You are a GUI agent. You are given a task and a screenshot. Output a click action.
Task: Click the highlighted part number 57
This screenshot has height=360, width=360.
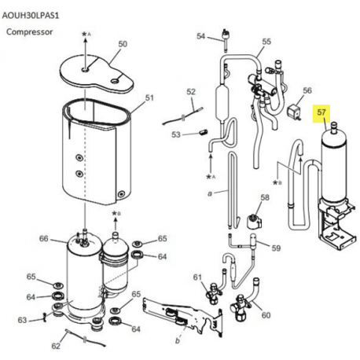[x=321, y=112]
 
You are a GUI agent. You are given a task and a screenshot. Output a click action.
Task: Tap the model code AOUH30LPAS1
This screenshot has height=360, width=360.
[x=31, y=16]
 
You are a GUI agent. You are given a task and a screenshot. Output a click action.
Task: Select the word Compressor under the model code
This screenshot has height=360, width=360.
[x=29, y=32]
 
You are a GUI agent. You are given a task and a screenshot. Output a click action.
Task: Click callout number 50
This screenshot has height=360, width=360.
[x=123, y=44]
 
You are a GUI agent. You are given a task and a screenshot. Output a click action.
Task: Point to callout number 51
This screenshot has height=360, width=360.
[x=149, y=98]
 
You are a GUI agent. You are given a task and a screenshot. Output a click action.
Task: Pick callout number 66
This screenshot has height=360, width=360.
[x=44, y=238]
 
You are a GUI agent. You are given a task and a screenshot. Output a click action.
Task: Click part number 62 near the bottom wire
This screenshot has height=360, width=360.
[x=56, y=346]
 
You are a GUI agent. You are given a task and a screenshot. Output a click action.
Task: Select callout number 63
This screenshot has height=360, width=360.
[x=22, y=320]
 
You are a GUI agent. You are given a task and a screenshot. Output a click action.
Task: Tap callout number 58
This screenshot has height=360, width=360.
[x=265, y=197]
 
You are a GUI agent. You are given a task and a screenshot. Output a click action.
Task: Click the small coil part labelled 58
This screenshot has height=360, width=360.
[x=254, y=221]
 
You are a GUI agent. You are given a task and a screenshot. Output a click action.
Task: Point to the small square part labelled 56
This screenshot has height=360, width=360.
[x=293, y=111]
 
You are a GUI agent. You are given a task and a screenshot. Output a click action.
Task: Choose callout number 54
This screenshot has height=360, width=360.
[x=201, y=36]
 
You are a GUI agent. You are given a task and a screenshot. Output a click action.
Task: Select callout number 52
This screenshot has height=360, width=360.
[x=191, y=92]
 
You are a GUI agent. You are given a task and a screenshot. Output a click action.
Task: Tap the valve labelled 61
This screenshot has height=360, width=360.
[x=213, y=292]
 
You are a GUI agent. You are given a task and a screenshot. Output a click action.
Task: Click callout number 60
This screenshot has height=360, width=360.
[x=266, y=315]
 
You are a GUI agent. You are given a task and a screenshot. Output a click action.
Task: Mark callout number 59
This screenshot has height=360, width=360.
[x=276, y=248]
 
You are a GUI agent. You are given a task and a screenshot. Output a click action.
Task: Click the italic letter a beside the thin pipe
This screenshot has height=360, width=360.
[x=210, y=193]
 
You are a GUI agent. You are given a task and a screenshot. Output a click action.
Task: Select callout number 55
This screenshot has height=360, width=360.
[x=266, y=42]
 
